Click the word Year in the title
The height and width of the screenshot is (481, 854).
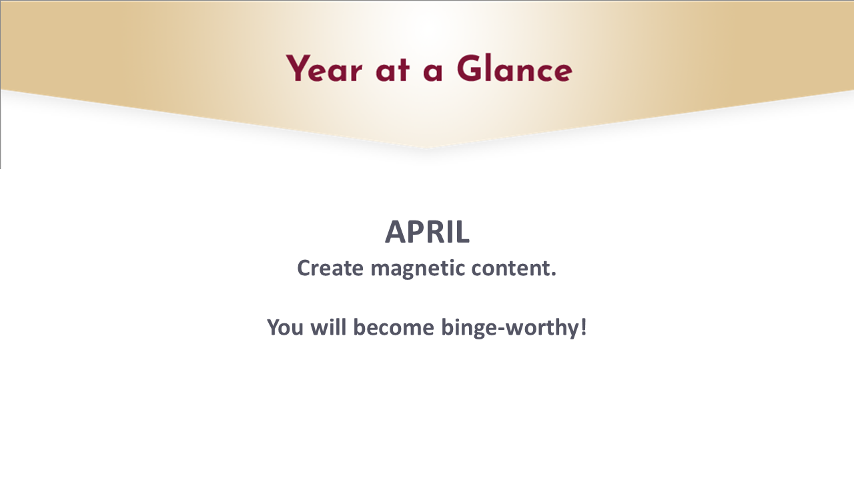[x=324, y=69]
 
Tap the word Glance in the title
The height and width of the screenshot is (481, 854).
[x=514, y=69]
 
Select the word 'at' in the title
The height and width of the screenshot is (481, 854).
[x=393, y=71]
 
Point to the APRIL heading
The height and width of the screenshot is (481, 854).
[x=427, y=232]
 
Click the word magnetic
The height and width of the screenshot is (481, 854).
[x=417, y=269]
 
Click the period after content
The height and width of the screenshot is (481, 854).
[x=554, y=275]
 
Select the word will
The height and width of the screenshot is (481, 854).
[x=328, y=327]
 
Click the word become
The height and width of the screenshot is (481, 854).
[x=394, y=327]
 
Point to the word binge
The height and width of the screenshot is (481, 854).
[x=469, y=329]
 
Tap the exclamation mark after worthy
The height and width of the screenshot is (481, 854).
[x=583, y=327]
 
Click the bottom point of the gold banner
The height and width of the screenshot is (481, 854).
[x=427, y=148]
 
